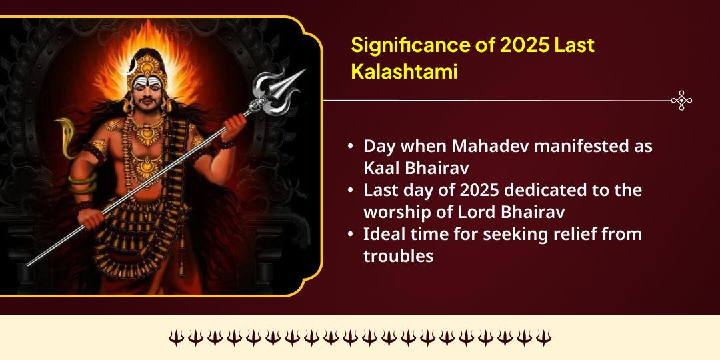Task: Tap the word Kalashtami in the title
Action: (404, 72)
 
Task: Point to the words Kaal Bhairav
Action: (416, 167)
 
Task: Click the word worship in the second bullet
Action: (394, 211)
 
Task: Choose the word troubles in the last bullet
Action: (398, 255)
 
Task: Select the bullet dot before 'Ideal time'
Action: (351, 235)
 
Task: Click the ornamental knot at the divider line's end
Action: (681, 101)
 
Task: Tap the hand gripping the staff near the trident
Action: (237, 123)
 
